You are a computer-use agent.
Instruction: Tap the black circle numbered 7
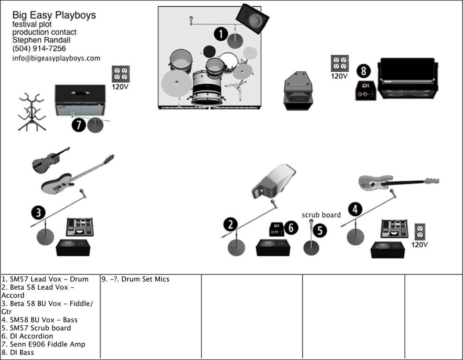tap(79, 125)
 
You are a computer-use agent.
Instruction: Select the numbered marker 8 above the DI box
tap(364, 71)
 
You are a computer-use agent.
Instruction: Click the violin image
tap(50, 160)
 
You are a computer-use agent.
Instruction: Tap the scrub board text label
tap(321, 215)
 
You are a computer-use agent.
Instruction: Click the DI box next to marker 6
tap(277, 229)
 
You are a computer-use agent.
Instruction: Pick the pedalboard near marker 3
tap(80, 227)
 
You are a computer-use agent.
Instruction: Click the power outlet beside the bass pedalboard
tap(420, 231)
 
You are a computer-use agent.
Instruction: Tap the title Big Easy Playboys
tap(54, 15)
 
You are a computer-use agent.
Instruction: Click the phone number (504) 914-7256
tap(39, 49)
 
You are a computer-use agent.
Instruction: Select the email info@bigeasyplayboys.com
tap(56, 58)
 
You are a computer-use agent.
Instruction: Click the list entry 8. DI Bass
tap(18, 353)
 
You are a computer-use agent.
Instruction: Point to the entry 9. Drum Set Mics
tap(136, 279)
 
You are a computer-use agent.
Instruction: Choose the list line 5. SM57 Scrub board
tap(37, 328)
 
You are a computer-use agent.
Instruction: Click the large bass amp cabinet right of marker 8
tap(407, 78)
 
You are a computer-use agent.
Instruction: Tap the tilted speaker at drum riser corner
tap(252, 19)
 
